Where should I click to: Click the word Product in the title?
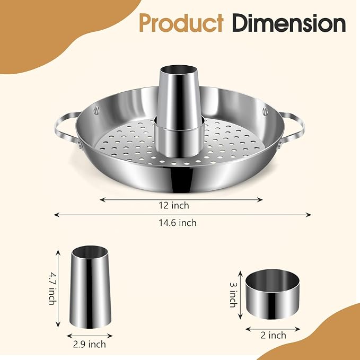pyautogui.click(x=181, y=23)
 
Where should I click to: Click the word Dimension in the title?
pyautogui.click(x=289, y=23)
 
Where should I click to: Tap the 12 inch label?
pyautogui.click(x=174, y=205)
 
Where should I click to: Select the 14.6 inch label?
pyautogui.click(x=178, y=223)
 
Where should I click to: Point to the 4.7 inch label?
pyautogui.click(x=53, y=288)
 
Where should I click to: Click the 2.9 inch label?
pyautogui.click(x=89, y=345)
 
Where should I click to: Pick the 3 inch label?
pyautogui.click(x=233, y=295)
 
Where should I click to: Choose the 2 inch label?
pyautogui.click(x=273, y=336)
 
